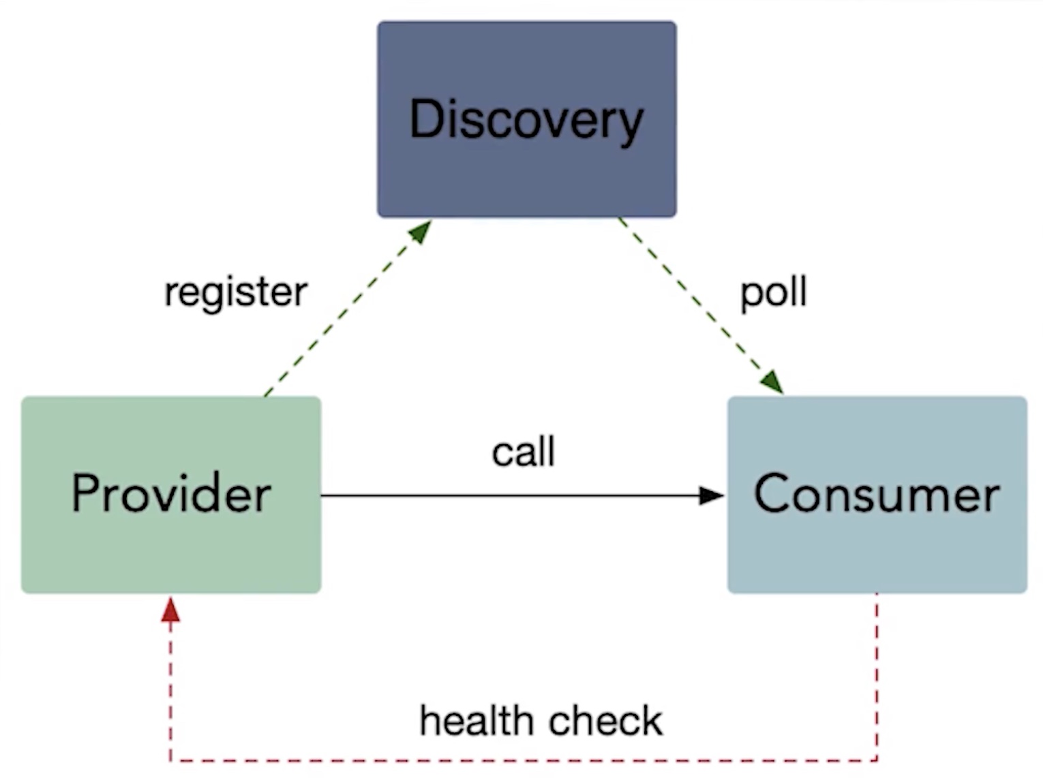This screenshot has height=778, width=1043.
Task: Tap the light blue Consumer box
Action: click(877, 552)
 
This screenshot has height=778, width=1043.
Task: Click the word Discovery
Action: click(526, 120)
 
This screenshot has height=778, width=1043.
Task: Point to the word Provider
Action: click(171, 493)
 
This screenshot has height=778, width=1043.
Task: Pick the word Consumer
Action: click(877, 493)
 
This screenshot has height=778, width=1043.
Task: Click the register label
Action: click(236, 292)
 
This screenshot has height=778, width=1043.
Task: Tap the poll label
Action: click(774, 292)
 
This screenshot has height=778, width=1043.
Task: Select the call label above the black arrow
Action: click(524, 452)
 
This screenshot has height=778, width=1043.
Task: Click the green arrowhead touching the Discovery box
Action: click(420, 232)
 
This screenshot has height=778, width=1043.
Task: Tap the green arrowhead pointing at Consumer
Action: click(772, 382)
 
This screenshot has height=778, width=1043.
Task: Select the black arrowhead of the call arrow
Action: click(712, 495)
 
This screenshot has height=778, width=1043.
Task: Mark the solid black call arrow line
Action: click(511, 495)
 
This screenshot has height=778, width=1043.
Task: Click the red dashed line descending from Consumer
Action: click(877, 674)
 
